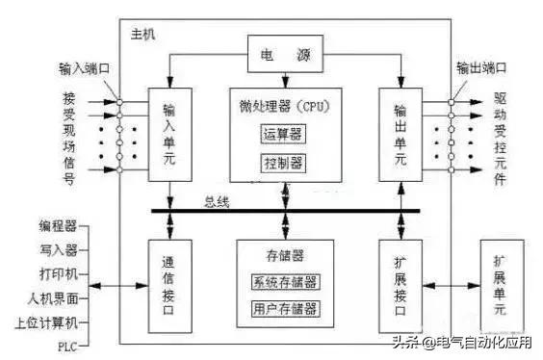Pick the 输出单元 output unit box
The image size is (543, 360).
[x=401, y=133]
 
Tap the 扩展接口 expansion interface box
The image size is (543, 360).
[x=401, y=286]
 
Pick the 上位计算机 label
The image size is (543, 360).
[x=50, y=321]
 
